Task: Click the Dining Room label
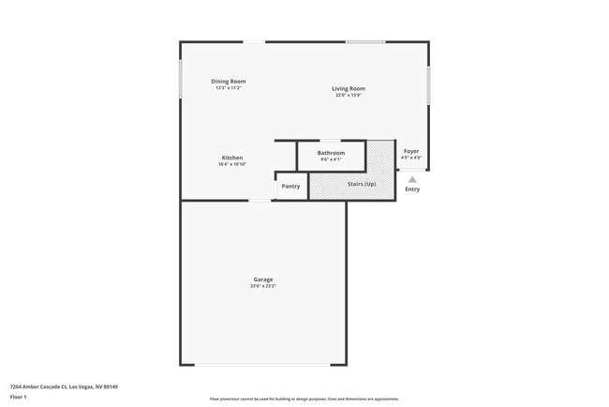coord(228,82)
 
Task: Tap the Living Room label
coord(348,89)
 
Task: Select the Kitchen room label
coord(232,158)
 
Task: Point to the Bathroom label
coord(331,153)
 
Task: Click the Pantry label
coord(290,186)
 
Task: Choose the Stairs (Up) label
coord(362,184)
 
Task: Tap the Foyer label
coord(411,151)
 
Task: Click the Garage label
coord(262,279)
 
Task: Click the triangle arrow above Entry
coord(412,179)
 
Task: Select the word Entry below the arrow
coord(412,189)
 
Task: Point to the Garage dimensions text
coord(262,286)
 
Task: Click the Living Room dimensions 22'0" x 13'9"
coord(348,96)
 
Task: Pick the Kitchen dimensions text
coord(232,164)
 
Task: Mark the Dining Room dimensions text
coord(228,88)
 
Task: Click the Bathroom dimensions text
coord(331,159)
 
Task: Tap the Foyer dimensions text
coord(411,158)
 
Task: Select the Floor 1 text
coord(18,398)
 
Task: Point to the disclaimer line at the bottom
coord(304,399)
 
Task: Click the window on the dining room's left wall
coord(181,80)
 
